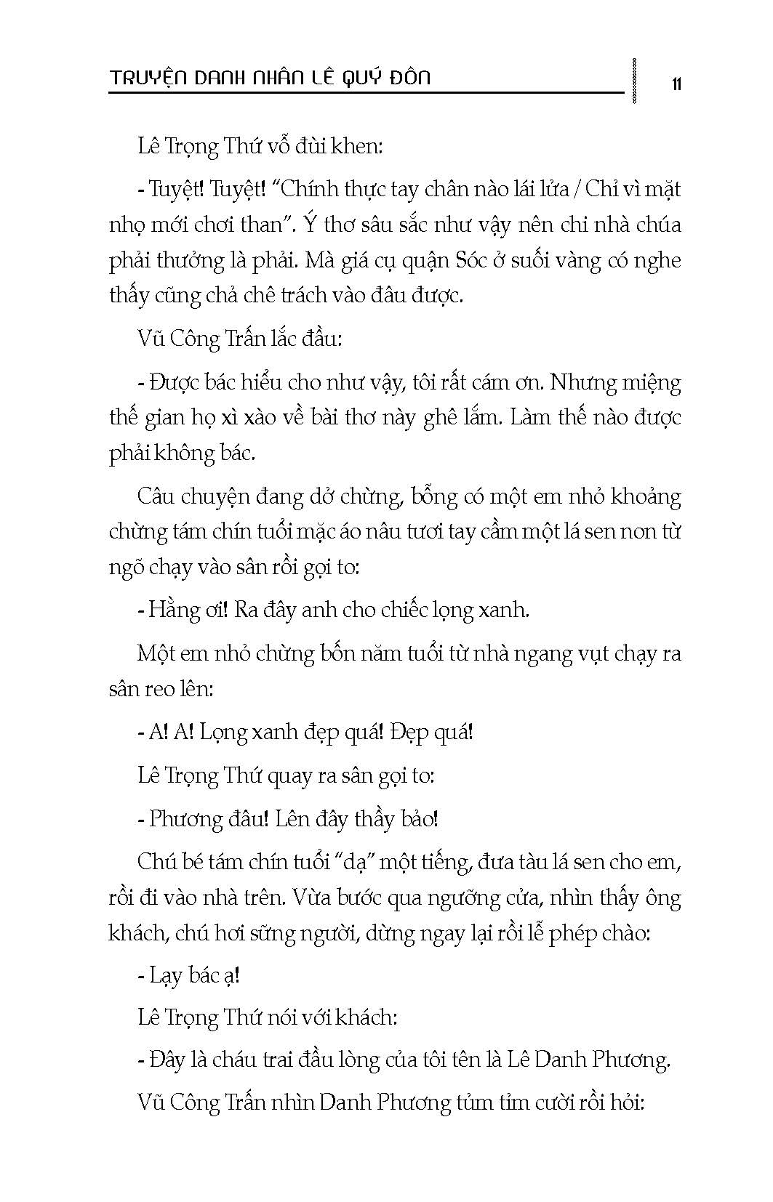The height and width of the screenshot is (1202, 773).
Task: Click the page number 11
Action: (676, 84)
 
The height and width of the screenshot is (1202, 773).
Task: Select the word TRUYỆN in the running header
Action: (148, 78)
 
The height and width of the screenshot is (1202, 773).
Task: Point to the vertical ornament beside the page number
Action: (636, 81)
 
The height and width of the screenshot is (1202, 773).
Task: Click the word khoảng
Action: (646, 498)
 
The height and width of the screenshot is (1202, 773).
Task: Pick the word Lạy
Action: (165, 975)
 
